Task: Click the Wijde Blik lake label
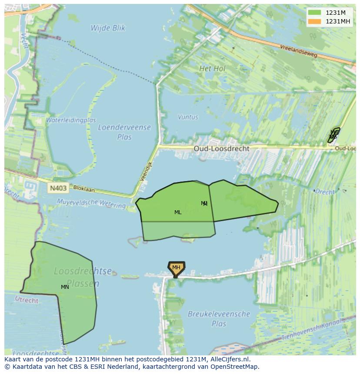(x=108, y=28)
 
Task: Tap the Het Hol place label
(x=212, y=69)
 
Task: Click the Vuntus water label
(x=188, y=117)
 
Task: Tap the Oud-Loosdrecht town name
(x=222, y=149)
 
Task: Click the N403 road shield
(x=58, y=188)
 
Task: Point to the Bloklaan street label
(x=84, y=189)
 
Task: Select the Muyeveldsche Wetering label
(x=91, y=203)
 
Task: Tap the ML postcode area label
(x=178, y=212)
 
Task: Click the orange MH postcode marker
(x=176, y=268)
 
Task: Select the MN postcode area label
(x=65, y=287)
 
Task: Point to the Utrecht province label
(x=27, y=300)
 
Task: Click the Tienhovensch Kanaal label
(x=312, y=331)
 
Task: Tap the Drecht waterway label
(x=325, y=192)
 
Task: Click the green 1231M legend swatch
(x=314, y=13)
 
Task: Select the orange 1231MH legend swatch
(x=314, y=21)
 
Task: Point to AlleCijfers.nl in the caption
(x=229, y=359)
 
